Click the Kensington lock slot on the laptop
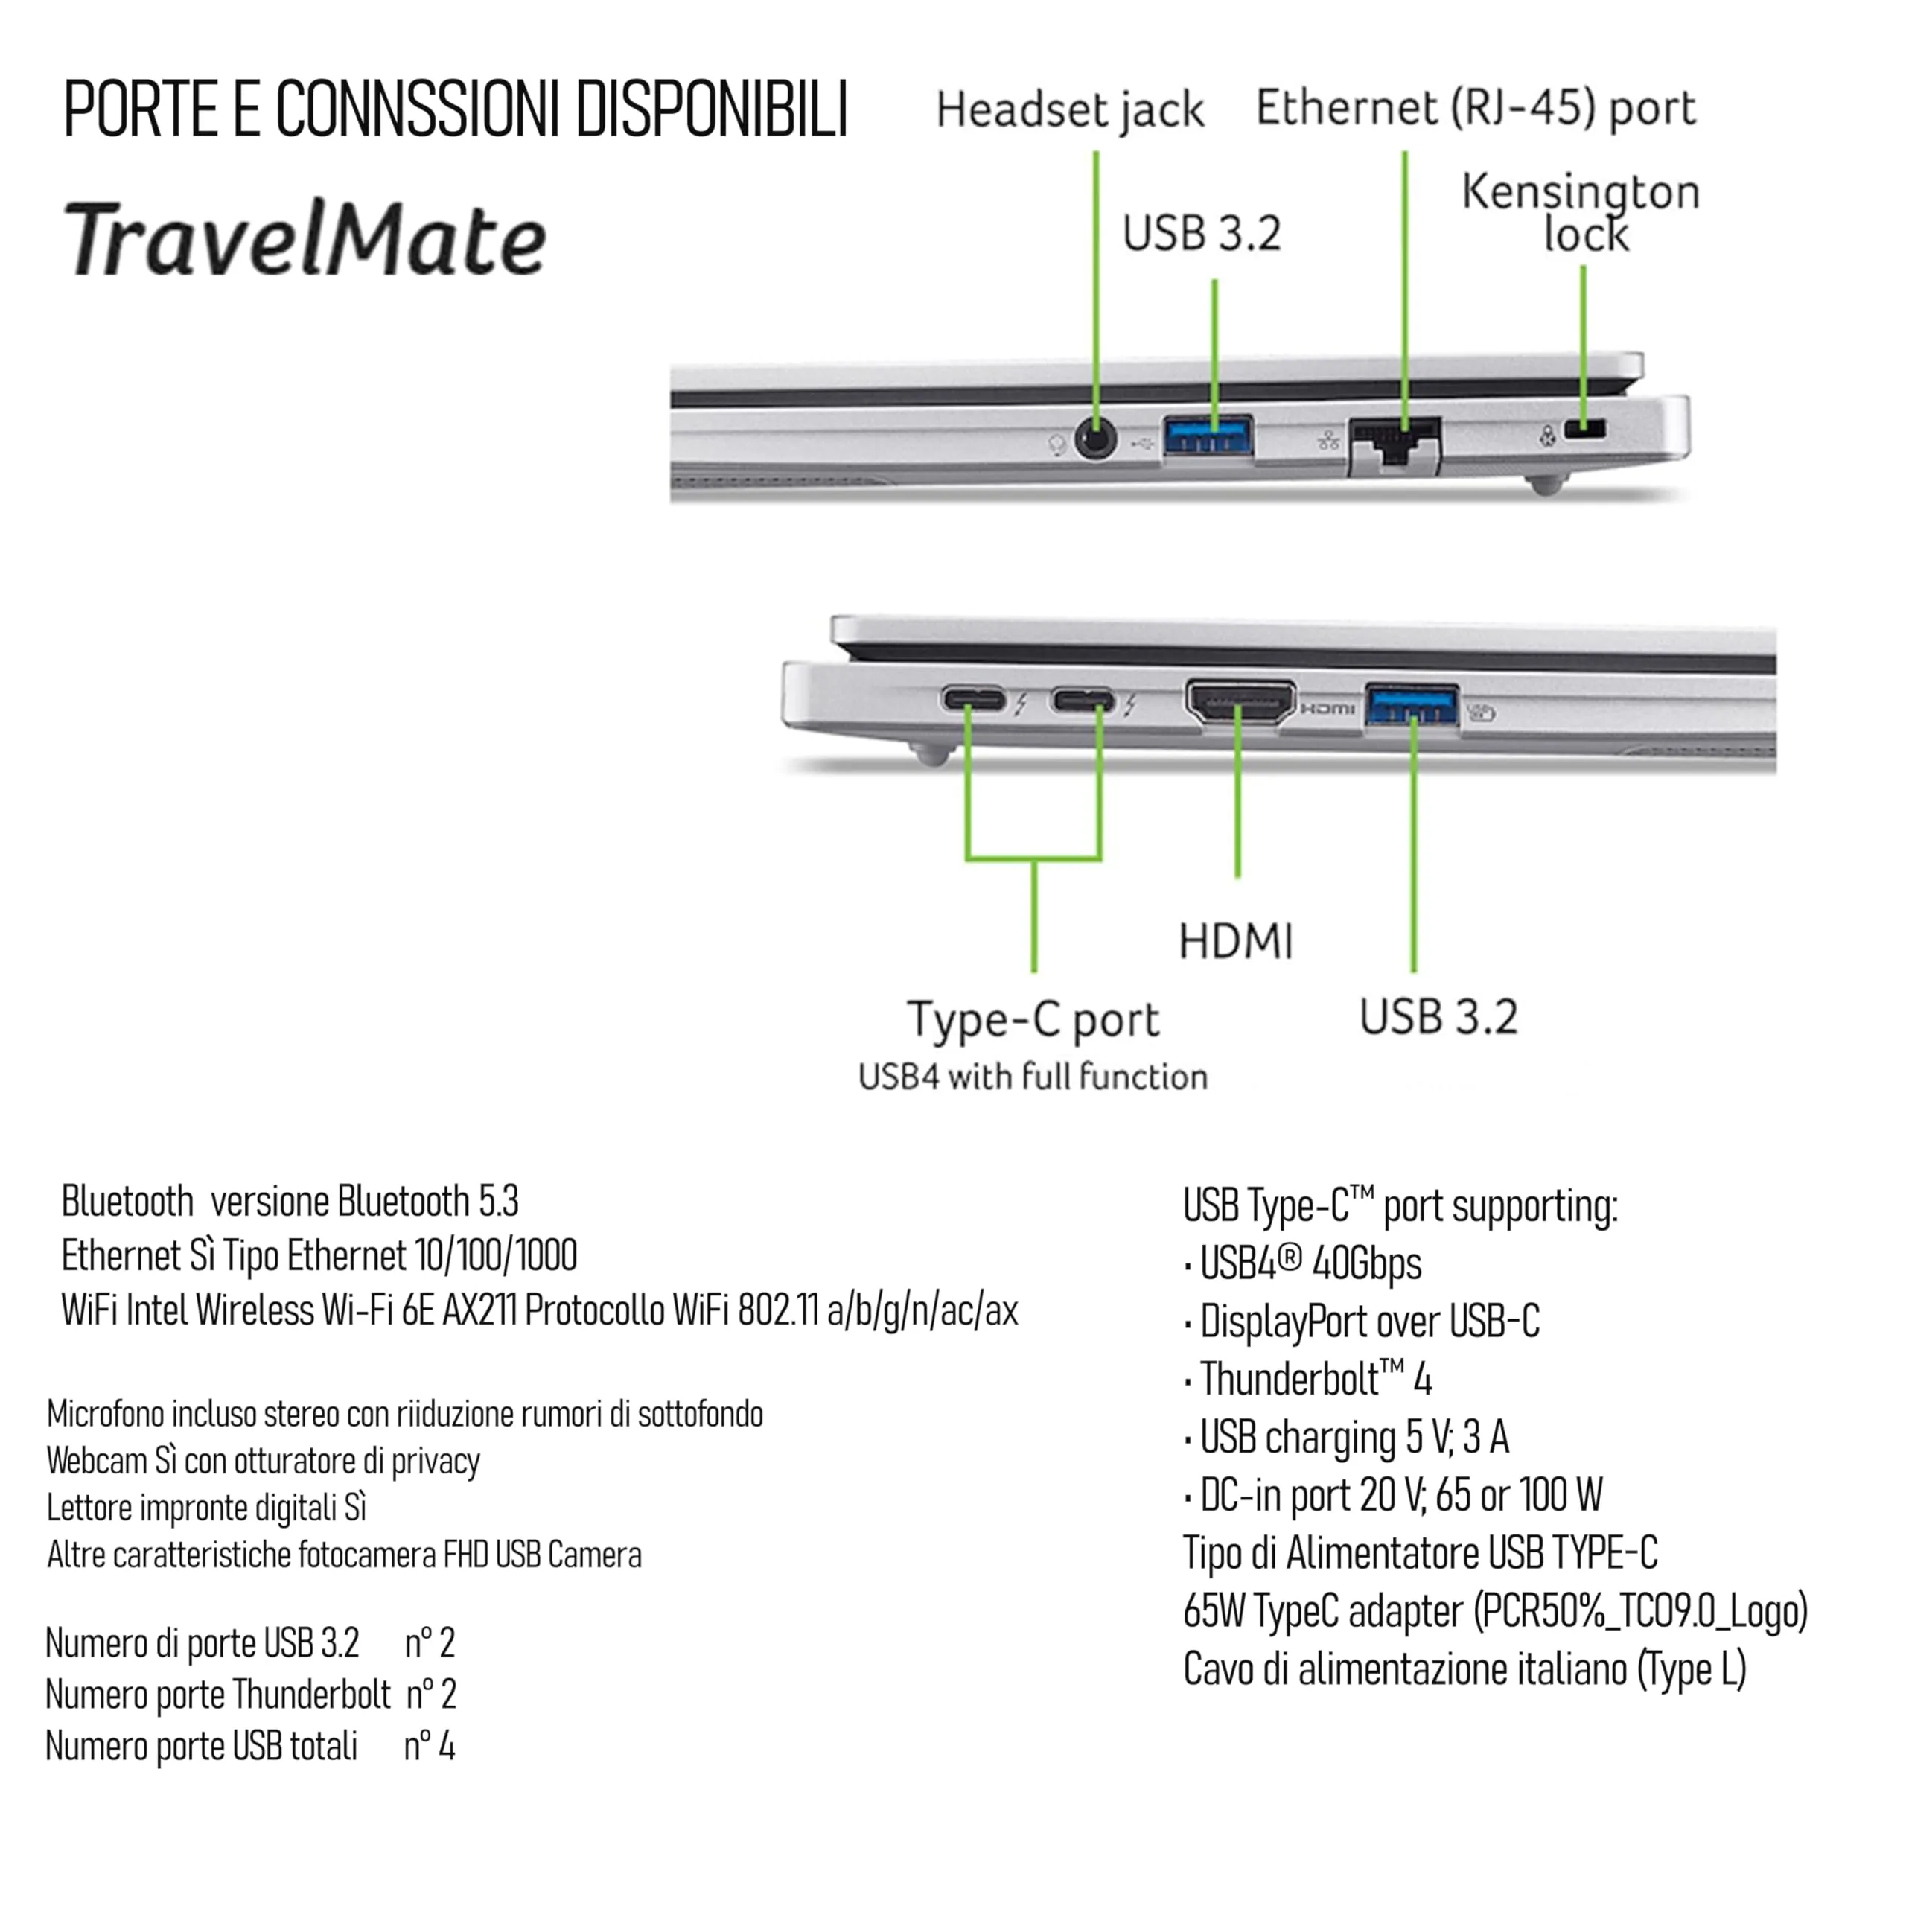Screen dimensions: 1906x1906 point(1584,429)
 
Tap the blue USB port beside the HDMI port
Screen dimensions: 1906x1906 point(1412,705)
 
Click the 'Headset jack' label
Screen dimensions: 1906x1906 point(1071,109)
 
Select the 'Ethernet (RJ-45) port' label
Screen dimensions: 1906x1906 point(1476,107)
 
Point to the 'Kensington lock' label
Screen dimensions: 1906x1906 point(1581,212)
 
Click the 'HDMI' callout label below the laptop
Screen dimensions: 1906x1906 point(1236,941)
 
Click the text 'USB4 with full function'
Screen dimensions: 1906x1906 point(1033,1077)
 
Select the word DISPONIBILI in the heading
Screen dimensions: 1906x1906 point(713,109)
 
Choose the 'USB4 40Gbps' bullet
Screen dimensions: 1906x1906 point(1310,1263)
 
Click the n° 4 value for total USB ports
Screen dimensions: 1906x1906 point(429,1746)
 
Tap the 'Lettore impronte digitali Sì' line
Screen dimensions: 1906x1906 point(206,1508)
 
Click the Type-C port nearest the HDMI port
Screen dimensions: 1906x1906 point(1083,701)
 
